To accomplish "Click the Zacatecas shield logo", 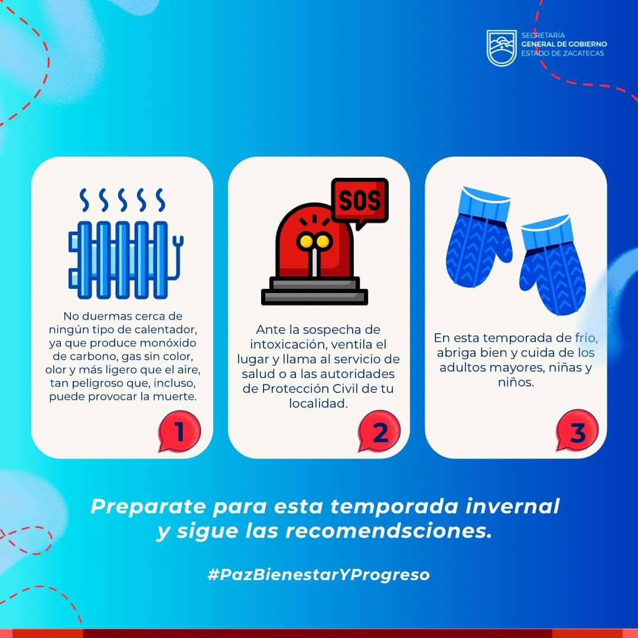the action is [x=502, y=48].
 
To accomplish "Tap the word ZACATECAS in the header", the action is [x=582, y=53].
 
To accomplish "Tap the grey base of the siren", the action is [x=314, y=291].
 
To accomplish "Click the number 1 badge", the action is [x=180, y=431].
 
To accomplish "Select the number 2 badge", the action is [x=379, y=432].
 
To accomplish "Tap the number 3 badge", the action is [x=577, y=431].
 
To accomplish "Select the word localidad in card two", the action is [x=318, y=403].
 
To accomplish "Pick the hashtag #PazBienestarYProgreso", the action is [x=318, y=575].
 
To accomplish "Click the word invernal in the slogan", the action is [x=513, y=506].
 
